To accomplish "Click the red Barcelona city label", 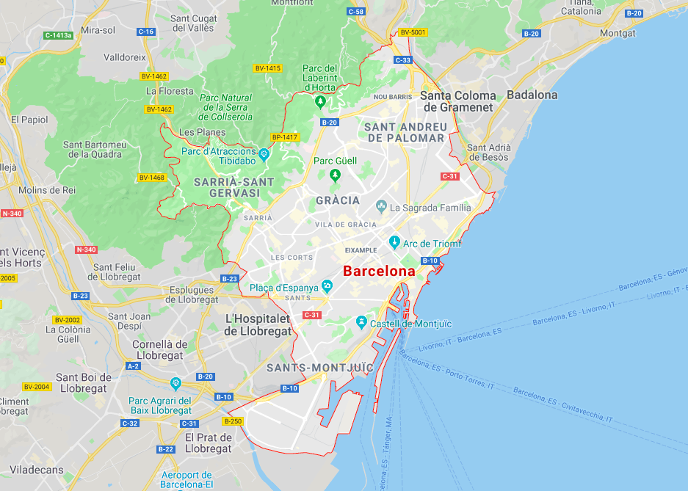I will [379, 271].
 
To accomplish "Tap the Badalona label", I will [532, 95].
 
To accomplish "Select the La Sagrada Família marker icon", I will [381, 206].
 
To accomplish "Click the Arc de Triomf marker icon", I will [394, 242].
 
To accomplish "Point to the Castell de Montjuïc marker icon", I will [361, 322].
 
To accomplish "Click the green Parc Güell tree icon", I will [336, 175].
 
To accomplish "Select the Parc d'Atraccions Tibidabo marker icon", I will [264, 154].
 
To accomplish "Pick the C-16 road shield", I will [146, 32].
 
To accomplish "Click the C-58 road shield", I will [355, 12].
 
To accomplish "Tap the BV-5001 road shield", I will [413, 32].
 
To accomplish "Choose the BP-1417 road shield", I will [284, 137].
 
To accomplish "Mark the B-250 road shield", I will [232, 421].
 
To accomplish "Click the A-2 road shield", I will [133, 365].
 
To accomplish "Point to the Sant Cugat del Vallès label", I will [192, 23].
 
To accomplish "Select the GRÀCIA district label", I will [338, 200].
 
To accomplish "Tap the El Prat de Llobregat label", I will [209, 443].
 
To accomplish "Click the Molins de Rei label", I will [47, 190].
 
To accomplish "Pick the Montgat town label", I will [617, 33].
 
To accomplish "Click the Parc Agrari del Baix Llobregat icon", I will [175, 383].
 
